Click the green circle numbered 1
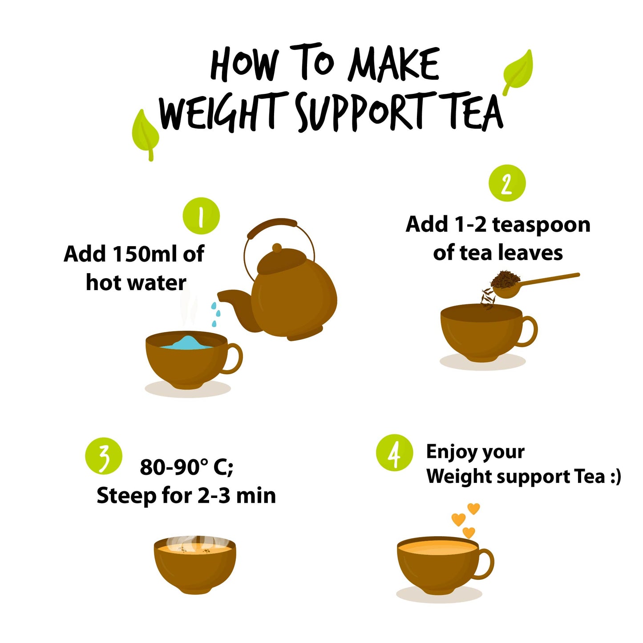pyautogui.click(x=201, y=216)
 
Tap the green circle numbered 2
pyautogui.click(x=507, y=183)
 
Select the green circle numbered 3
pyautogui.click(x=104, y=457)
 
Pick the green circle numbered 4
pyautogui.click(x=394, y=453)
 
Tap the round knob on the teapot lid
pyautogui.click(x=277, y=248)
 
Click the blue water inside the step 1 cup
pyautogui.click(x=187, y=343)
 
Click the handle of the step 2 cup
pyautogui.click(x=530, y=331)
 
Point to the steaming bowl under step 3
pyautogui.click(x=195, y=564)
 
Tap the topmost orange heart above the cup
pyautogui.click(x=473, y=508)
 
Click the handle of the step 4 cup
pyautogui.click(x=486, y=564)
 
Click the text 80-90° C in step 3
pyautogui.click(x=186, y=467)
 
